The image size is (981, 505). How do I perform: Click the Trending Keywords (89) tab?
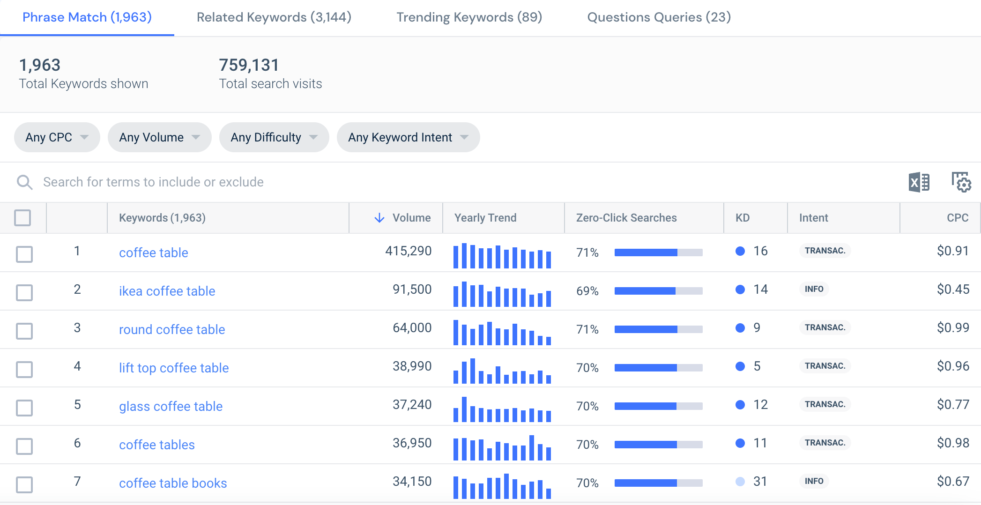469,17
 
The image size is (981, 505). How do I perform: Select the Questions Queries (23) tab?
659,17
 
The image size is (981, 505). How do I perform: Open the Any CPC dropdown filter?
57,137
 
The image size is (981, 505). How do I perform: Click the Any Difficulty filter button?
274,137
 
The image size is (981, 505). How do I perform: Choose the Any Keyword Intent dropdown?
408,137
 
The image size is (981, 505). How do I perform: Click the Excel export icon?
919,182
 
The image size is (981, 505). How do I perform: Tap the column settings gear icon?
961,182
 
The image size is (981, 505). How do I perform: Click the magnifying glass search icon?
24,182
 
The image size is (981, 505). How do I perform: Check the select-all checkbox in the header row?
22,218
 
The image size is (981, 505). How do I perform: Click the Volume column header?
411,218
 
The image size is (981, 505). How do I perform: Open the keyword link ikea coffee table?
167,291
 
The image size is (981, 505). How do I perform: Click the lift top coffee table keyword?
174,368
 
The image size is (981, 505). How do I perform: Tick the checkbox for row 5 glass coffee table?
24,408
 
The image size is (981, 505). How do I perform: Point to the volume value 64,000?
412,328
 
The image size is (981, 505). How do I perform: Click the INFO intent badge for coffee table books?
814,481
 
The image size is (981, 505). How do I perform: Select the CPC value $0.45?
952,290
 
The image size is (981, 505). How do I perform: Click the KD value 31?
759,482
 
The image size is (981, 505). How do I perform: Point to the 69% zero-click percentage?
587,291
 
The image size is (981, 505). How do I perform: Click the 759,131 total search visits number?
249,65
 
